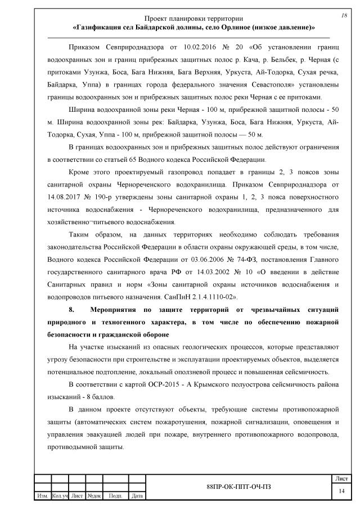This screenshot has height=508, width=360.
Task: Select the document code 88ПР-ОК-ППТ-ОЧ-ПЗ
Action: (x=238, y=486)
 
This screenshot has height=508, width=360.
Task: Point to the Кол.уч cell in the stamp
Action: (x=60, y=496)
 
